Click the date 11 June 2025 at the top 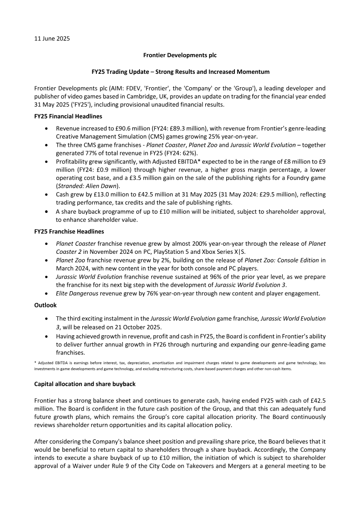pyautogui.click(x=52, y=39)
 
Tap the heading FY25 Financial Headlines pyautogui.click(x=68, y=117)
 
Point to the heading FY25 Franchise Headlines pyautogui.click(x=69, y=231)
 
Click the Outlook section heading pyautogui.click(x=45, y=305)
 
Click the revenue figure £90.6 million pyautogui.click(x=131, y=128)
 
